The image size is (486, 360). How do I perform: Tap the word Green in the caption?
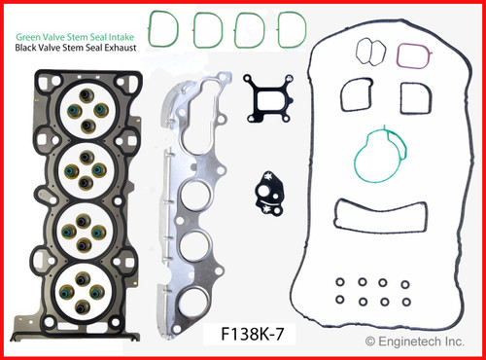[33, 34]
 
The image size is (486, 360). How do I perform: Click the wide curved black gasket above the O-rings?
[373, 215]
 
